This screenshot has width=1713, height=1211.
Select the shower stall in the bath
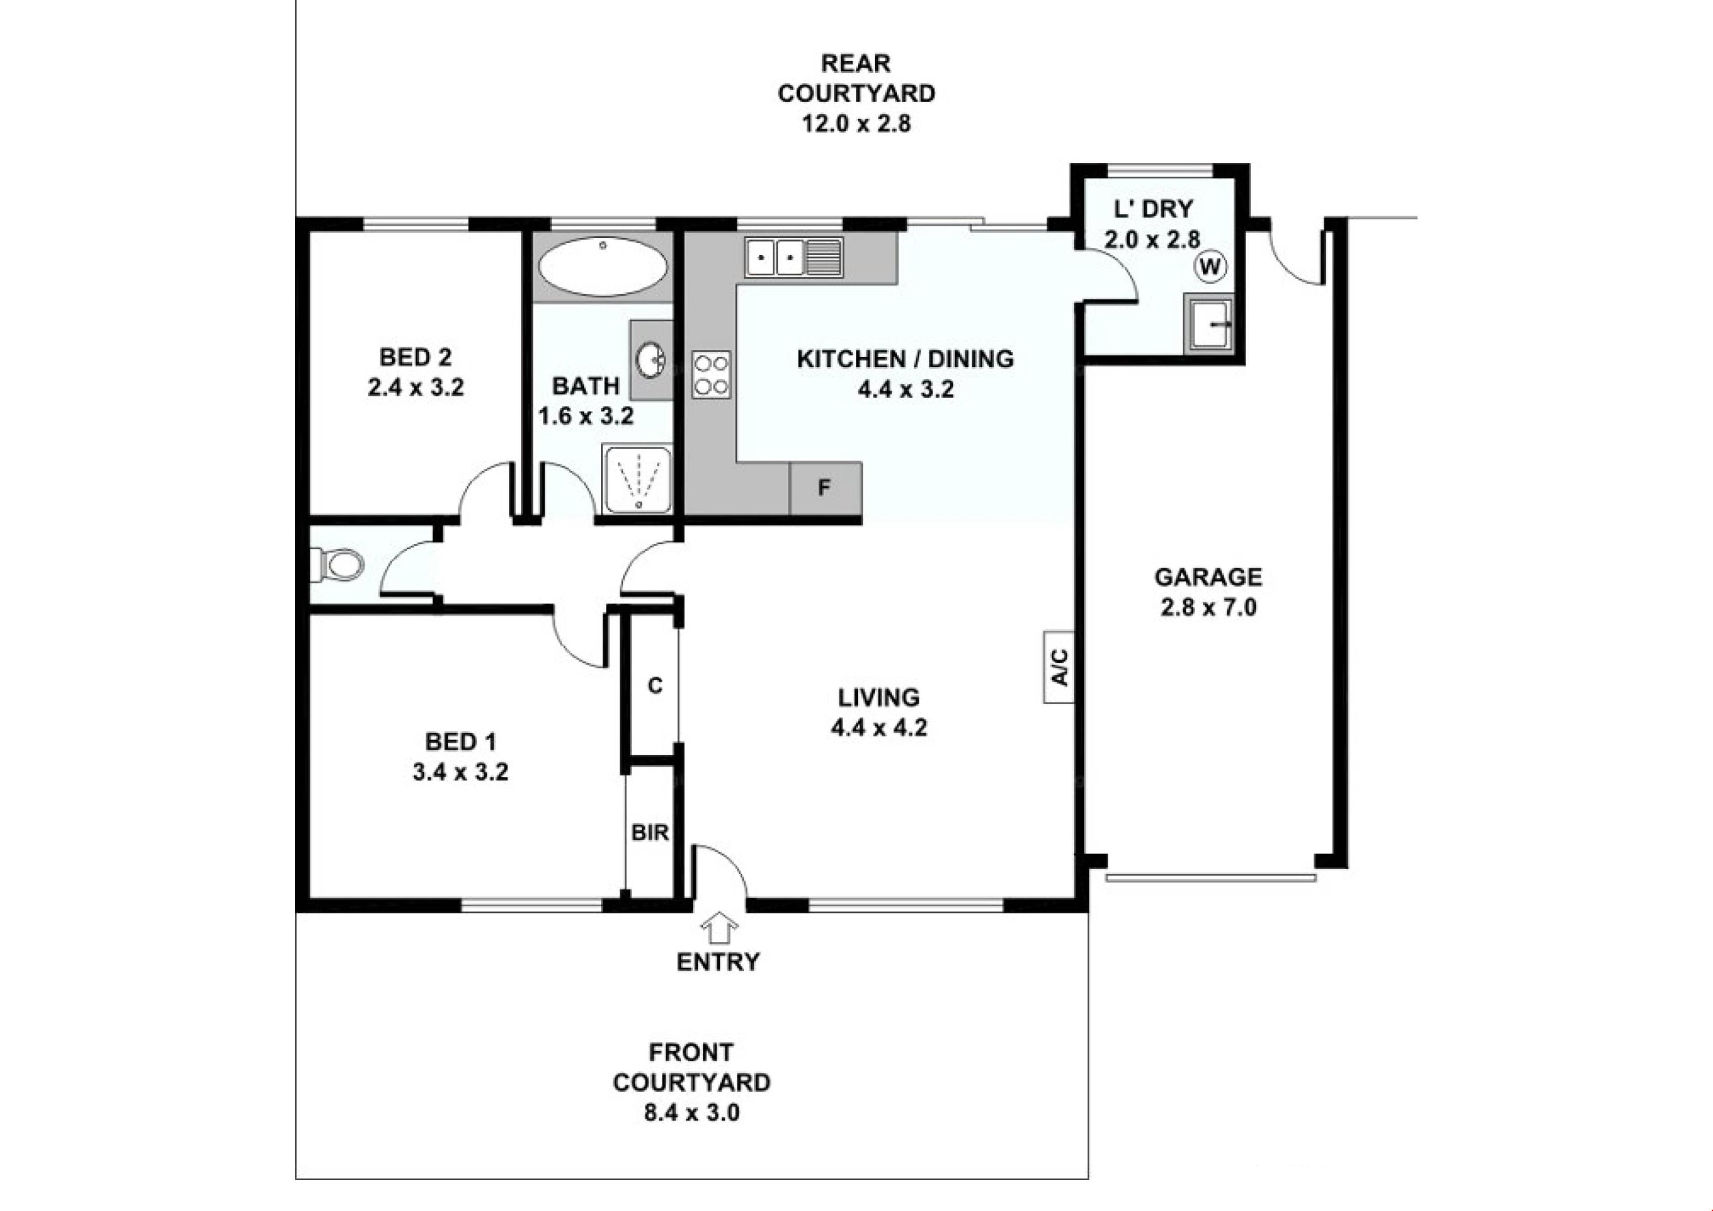[x=638, y=479]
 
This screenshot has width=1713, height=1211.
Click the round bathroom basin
[x=651, y=361]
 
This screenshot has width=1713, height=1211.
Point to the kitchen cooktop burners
[x=711, y=374]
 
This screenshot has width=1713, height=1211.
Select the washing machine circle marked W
[x=1210, y=266]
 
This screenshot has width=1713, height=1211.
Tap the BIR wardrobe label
[x=650, y=832]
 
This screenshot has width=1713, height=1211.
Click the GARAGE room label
[x=1208, y=577]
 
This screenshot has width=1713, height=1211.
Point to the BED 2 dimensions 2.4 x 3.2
[x=416, y=387]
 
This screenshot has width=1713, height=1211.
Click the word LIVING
[x=879, y=698]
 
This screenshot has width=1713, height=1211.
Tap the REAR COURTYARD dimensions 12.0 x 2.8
[x=856, y=123]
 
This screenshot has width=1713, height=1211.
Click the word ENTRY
[x=718, y=962]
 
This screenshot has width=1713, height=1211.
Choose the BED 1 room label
[x=460, y=742]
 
